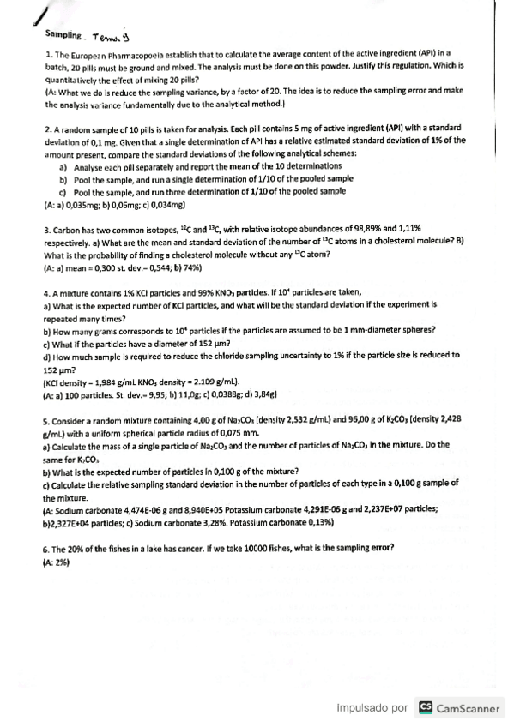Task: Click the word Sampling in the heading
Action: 64,37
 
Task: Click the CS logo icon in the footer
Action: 425,708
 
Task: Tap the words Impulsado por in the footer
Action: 372,708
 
